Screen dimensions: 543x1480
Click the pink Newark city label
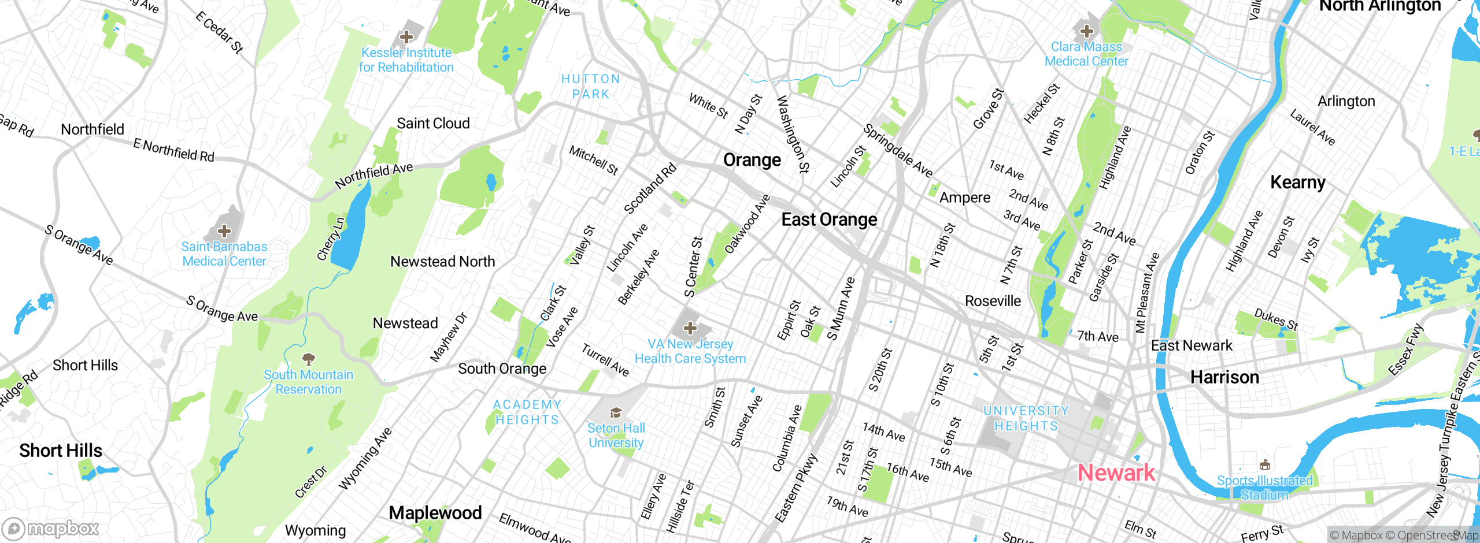point(1116,473)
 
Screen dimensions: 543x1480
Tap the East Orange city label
point(829,220)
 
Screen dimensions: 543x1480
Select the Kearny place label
point(1298,183)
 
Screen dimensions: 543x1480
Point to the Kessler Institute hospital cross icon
point(406,37)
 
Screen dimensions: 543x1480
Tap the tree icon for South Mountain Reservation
point(309,359)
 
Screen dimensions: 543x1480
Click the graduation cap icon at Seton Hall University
point(616,413)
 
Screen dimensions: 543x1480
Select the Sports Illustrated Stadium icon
point(1265,466)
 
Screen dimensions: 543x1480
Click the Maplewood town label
point(435,513)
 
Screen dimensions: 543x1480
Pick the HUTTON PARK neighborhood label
point(591,87)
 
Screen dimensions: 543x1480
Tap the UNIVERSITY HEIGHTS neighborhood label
point(1026,418)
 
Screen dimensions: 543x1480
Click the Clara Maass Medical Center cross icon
point(1086,31)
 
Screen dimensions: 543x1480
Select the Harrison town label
point(1224,378)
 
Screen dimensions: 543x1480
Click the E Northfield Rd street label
point(173,151)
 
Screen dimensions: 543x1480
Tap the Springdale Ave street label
point(897,151)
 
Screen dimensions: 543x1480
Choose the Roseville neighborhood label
point(993,301)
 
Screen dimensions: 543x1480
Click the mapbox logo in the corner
point(51,529)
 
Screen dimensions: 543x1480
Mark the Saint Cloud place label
point(433,124)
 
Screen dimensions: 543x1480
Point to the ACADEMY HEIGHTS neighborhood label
point(527,412)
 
